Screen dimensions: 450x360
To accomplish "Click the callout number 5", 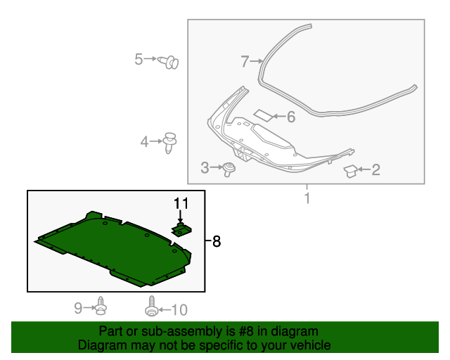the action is click(x=139, y=59).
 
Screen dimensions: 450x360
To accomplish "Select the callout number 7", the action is click(x=245, y=61).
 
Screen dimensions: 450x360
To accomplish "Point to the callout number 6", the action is click(x=290, y=117).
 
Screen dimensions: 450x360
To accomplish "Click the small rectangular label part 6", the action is click(x=263, y=115).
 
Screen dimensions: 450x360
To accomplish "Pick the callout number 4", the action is click(x=144, y=142).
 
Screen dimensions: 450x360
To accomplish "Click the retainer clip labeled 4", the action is click(x=169, y=143).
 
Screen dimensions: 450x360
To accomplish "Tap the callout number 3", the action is click(x=205, y=167).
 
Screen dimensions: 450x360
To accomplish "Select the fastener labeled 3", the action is click(x=229, y=169).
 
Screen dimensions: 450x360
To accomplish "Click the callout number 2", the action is click(x=376, y=169).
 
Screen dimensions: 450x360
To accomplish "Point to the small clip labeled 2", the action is click(x=350, y=171).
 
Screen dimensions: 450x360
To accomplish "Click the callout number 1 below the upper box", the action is click(x=307, y=198).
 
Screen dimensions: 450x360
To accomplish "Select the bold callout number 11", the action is click(x=181, y=203).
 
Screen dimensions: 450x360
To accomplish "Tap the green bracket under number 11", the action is click(x=181, y=229).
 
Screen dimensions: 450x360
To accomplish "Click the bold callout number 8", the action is click(x=217, y=241).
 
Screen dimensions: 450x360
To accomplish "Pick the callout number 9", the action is click(x=78, y=308).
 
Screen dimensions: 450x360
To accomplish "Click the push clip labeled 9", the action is click(x=101, y=306).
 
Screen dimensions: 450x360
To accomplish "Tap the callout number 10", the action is click(x=179, y=310).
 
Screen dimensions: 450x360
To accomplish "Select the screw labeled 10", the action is click(x=151, y=306).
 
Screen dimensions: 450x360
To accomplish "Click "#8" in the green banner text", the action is click(x=246, y=331).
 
